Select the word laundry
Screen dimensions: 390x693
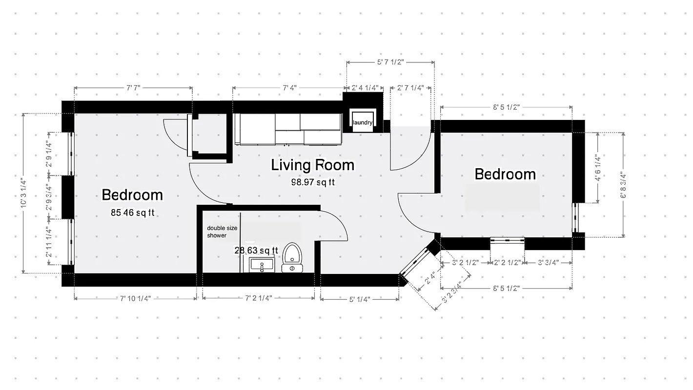[363, 123]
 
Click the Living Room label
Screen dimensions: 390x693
[312, 165]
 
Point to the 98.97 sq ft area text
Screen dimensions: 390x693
[312, 182]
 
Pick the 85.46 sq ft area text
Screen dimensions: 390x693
[132, 213]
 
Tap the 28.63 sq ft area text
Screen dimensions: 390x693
[256, 250]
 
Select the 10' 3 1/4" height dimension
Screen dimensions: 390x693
[23, 193]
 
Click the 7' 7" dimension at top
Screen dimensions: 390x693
[133, 88]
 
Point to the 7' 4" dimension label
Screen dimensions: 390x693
[289, 88]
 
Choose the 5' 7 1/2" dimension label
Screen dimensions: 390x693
[390, 62]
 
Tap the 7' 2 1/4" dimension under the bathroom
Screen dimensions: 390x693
[258, 298]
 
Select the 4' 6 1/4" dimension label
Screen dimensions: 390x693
[597, 168]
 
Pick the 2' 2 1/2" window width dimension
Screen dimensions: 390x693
[507, 262]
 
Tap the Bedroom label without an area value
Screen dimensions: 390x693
[505, 174]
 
